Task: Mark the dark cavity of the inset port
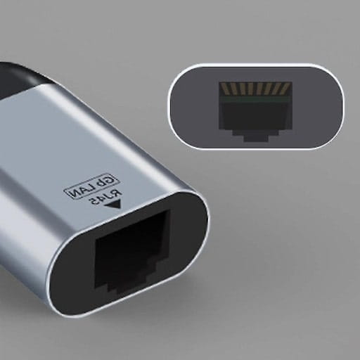254,114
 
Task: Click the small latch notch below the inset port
254,136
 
